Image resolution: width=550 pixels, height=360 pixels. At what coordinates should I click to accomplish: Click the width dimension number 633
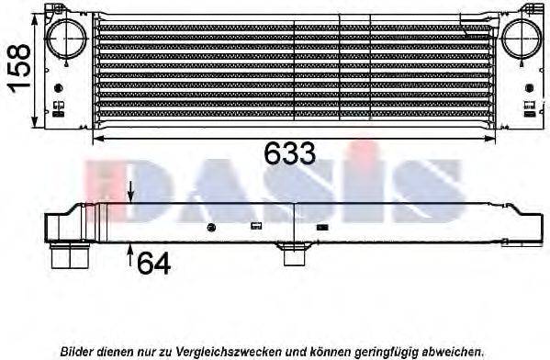coord(289,154)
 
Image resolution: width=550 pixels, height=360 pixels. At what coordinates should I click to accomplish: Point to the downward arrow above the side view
coord(131,192)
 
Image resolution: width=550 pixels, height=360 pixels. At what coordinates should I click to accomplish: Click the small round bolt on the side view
coord(211,227)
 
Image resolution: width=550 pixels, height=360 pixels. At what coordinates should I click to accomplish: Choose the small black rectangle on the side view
coord(322,226)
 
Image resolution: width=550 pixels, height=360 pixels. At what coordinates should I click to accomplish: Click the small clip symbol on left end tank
coord(59,107)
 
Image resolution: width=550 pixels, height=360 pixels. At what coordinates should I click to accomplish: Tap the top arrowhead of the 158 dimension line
coord(36,18)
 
